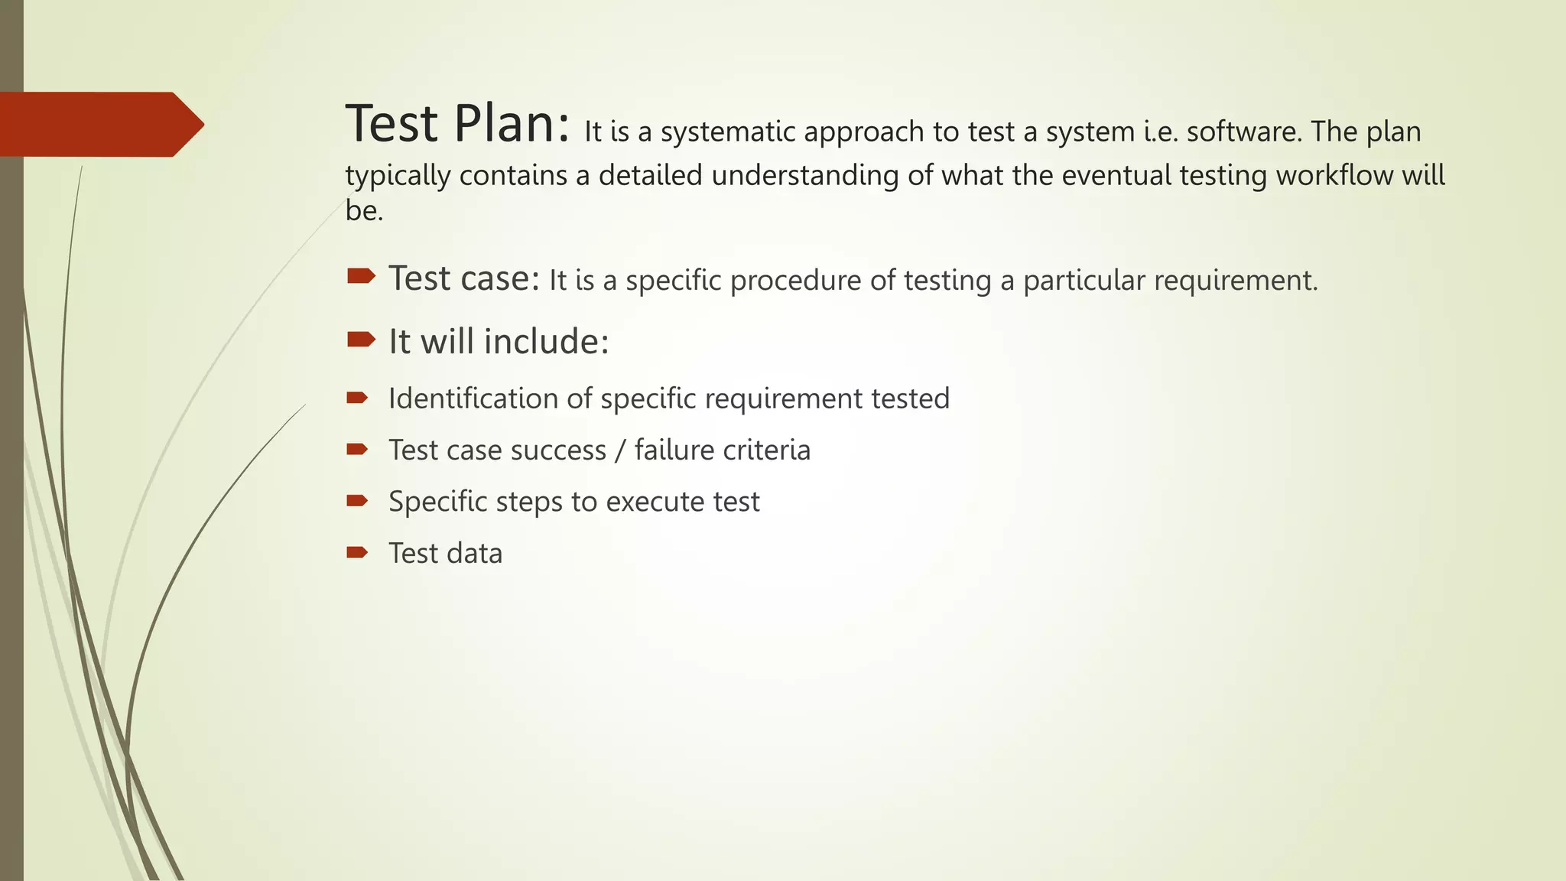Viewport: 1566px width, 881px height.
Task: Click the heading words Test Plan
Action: pyautogui.click(x=457, y=124)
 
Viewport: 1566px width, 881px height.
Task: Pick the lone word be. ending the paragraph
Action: pyautogui.click(x=364, y=211)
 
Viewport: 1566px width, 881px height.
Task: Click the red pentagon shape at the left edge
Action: pyautogui.click(x=99, y=125)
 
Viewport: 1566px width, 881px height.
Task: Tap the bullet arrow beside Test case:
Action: pyautogui.click(x=360, y=276)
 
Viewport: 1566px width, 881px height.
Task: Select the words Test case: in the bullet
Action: pyautogui.click(x=464, y=278)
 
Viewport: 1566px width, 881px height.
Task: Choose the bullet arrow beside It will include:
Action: pyautogui.click(x=360, y=339)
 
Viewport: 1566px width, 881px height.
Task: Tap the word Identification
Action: pyautogui.click(x=473, y=398)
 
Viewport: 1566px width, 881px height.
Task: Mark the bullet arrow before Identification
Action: pyautogui.click(x=357, y=398)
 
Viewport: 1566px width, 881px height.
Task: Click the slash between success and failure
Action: pyautogui.click(x=620, y=450)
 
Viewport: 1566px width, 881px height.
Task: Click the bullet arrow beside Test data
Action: pyautogui.click(x=357, y=552)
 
